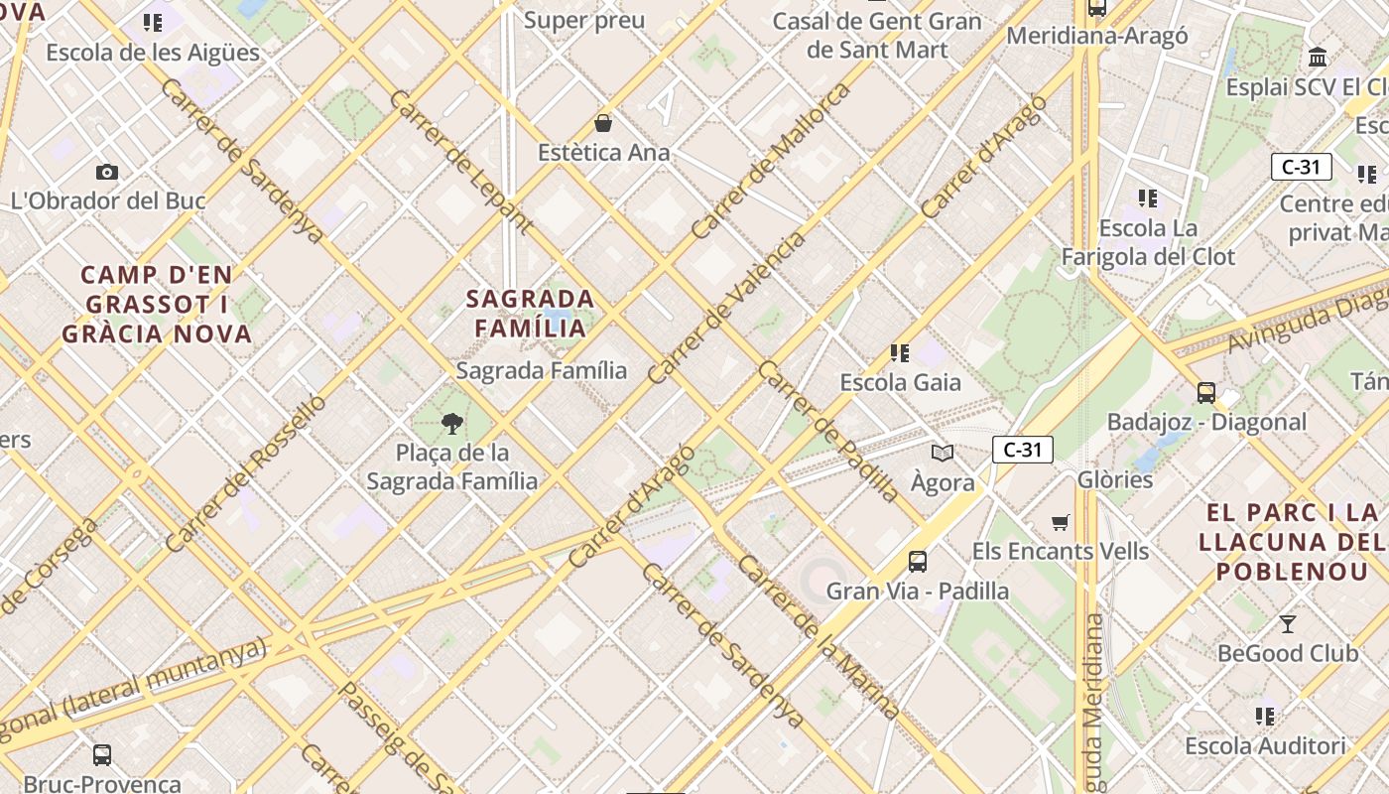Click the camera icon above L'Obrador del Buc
pos(107,172)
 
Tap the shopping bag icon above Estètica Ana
pos(603,123)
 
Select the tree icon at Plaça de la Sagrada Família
pos(452,424)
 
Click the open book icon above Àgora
pos(942,453)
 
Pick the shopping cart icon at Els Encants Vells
pos(1061,522)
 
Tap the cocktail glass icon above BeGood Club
pos(1288,624)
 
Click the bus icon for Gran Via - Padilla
pos(918,562)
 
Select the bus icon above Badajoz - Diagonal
pos(1206,392)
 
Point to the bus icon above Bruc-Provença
pos(102,755)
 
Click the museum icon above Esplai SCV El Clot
pos(1318,57)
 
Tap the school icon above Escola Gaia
pos(900,352)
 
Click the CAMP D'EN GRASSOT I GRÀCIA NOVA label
pos(157,304)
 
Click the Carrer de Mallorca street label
pos(771,162)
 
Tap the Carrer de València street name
pos(727,309)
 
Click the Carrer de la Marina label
pos(820,638)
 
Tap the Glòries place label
pos(1115,480)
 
